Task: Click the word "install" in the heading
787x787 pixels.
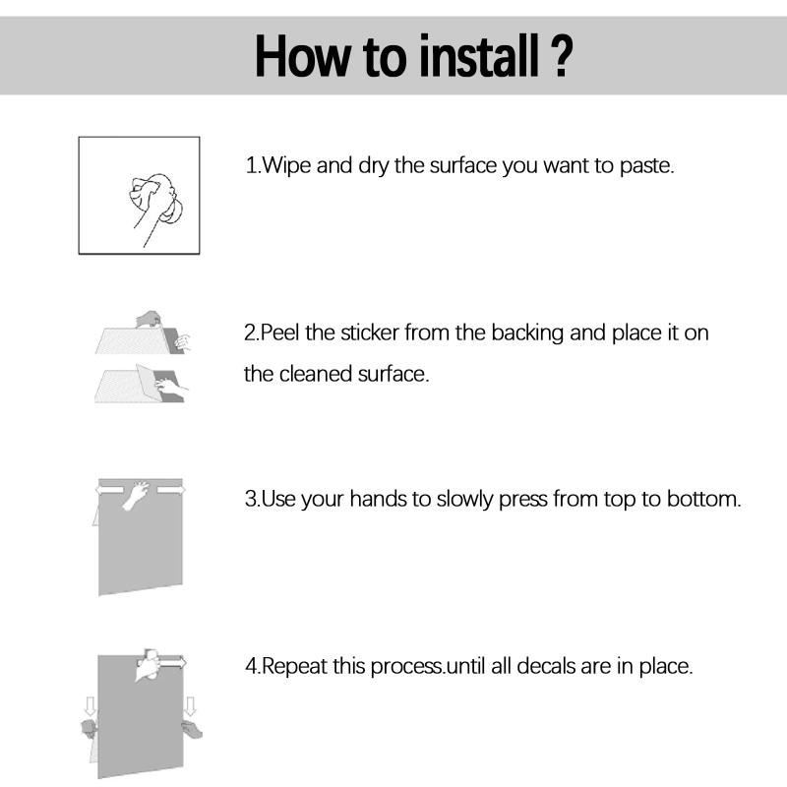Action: click(479, 56)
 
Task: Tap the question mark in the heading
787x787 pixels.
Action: click(561, 56)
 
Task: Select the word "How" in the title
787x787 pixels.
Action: click(303, 56)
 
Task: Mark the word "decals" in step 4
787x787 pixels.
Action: click(546, 666)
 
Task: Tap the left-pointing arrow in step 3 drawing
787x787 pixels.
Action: click(110, 489)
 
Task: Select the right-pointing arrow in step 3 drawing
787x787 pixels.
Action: click(171, 489)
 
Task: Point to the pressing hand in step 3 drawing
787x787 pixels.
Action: click(136, 495)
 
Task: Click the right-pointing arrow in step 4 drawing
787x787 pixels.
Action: click(173, 663)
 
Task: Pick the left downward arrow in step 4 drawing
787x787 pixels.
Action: click(91, 705)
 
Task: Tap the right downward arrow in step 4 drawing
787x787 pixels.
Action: click(190, 705)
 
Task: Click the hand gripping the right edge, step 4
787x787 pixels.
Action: click(192, 729)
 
